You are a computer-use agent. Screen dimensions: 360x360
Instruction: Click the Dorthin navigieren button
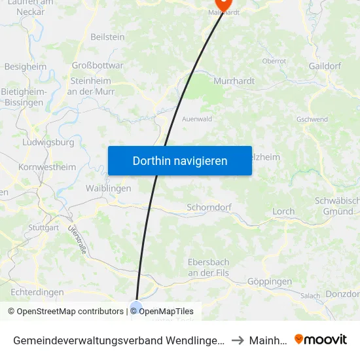point(180,160)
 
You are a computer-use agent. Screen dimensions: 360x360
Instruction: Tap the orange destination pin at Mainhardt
point(224,5)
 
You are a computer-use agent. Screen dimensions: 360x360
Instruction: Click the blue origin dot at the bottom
point(136,306)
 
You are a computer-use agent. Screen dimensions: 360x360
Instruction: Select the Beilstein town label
point(107,37)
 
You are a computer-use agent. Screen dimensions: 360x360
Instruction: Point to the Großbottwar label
point(98,65)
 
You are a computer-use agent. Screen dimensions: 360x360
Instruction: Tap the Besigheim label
point(26,66)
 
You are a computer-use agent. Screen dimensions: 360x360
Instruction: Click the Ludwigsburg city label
point(48,142)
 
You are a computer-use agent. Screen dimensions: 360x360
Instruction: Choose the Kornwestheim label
point(47,167)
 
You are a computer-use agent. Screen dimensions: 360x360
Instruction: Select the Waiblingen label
point(109,188)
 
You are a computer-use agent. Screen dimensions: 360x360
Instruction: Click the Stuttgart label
point(44,228)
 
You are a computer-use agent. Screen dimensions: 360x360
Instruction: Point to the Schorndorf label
point(209,207)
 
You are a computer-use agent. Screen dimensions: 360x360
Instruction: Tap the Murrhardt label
point(234,81)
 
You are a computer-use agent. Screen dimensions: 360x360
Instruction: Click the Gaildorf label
point(325,66)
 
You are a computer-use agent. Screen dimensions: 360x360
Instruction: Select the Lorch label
point(283,211)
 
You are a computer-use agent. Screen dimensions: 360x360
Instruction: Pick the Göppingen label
point(270,281)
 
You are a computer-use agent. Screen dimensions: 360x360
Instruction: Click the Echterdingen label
point(37,292)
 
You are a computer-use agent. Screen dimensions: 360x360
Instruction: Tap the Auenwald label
point(197,120)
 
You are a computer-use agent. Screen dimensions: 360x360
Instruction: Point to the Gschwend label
point(312,120)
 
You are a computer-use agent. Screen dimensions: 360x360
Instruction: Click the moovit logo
point(321,339)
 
